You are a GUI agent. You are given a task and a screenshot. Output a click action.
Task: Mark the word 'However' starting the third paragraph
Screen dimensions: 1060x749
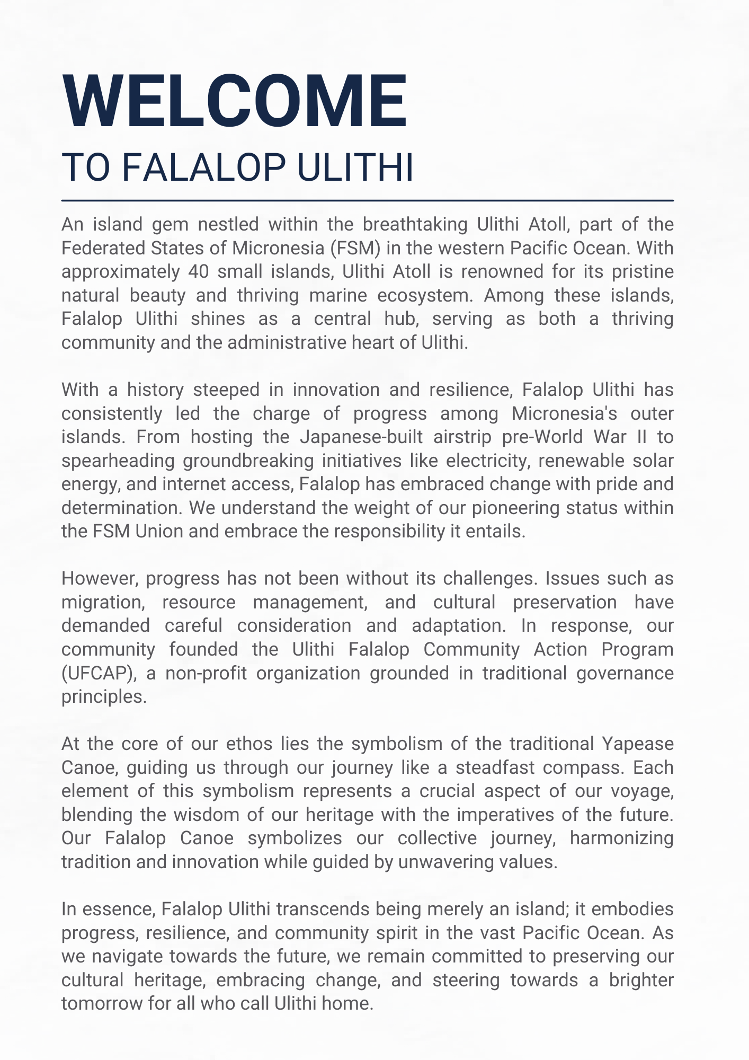tap(99, 578)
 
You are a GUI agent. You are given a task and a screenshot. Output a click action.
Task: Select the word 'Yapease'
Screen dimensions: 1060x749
tap(638, 744)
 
